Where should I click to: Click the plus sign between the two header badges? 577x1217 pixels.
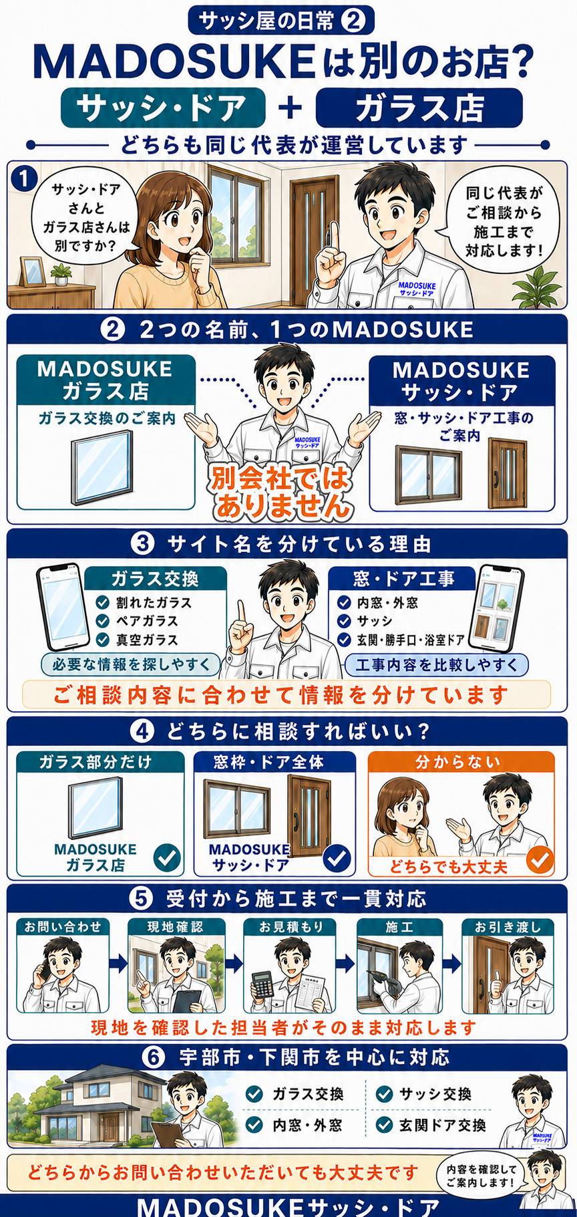pos(291,108)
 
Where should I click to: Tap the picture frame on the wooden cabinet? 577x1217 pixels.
pos(31,272)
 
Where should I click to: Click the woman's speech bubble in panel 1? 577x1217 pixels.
pos(86,215)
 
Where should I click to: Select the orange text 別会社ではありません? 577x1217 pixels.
pos(281,492)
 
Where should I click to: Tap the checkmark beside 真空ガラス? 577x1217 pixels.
pos(102,640)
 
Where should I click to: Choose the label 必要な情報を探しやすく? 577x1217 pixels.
pos(131,664)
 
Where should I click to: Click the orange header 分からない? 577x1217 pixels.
pos(461,762)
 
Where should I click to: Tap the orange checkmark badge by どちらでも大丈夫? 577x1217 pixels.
pos(539,859)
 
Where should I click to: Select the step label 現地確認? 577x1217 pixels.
pos(175,927)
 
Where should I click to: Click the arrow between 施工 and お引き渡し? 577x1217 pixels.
pos(452,963)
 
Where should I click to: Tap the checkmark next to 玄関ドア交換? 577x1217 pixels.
pos(384,1125)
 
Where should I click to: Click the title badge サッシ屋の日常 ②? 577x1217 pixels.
pos(281,21)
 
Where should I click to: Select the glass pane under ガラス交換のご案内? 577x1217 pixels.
pos(102,466)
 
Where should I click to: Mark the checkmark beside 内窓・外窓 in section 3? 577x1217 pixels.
pos(344,602)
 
